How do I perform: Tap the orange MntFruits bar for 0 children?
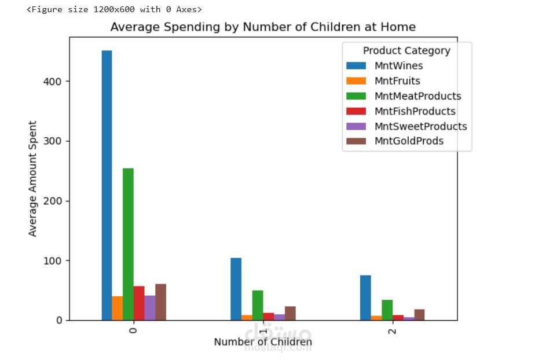pos(118,308)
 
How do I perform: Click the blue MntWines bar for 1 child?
pos(236,289)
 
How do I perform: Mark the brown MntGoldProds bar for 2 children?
pos(419,315)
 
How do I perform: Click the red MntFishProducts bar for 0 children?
pos(139,303)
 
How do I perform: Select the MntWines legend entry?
pos(398,66)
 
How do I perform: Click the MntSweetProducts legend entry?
pos(420,126)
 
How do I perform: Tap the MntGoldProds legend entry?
pos(409,141)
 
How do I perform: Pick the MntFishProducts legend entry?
pos(415,111)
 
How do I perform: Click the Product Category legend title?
pos(406,51)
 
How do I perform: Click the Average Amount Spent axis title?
pos(33,178)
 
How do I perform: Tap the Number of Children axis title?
pos(263,342)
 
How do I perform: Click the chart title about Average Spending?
pos(263,27)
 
